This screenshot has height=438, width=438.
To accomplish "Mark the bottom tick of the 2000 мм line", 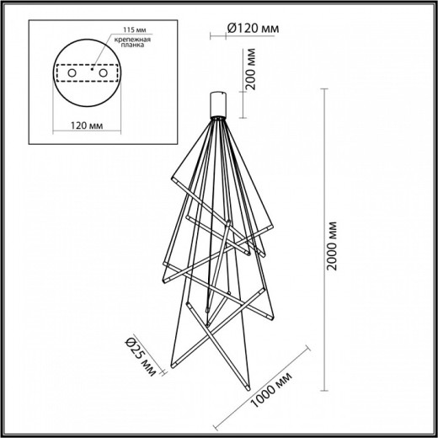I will coord(325,393).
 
